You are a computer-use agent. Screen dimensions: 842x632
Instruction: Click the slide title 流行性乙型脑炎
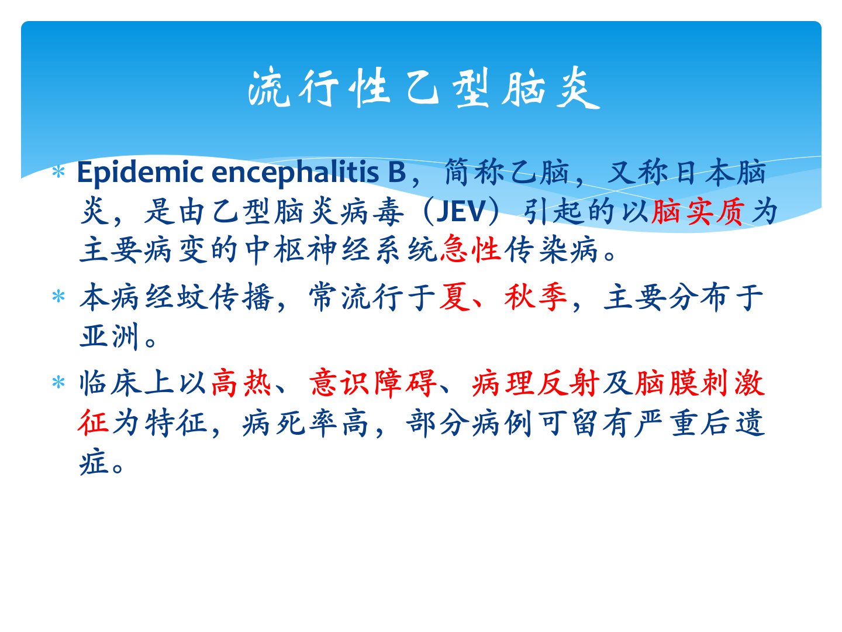click(423, 88)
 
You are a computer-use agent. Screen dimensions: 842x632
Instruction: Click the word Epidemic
click(140, 173)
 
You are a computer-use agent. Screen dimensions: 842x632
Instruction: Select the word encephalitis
click(295, 173)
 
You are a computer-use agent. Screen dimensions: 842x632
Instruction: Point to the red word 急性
click(471, 249)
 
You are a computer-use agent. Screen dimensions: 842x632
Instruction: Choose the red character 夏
click(455, 297)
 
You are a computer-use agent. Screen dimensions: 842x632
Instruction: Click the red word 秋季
click(536, 297)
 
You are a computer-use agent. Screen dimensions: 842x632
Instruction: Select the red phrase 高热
click(241, 382)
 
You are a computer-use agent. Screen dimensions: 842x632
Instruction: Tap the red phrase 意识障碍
click(373, 382)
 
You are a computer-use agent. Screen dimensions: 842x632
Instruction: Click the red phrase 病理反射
click(536, 382)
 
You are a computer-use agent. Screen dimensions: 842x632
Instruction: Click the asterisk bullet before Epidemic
click(58, 172)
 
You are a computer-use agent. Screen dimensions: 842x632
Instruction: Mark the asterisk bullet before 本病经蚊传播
click(58, 297)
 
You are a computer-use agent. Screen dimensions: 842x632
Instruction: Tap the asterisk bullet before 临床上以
click(58, 382)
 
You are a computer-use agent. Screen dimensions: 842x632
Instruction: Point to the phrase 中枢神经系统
click(342, 249)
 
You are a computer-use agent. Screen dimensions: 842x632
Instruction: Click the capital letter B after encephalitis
click(397, 172)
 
